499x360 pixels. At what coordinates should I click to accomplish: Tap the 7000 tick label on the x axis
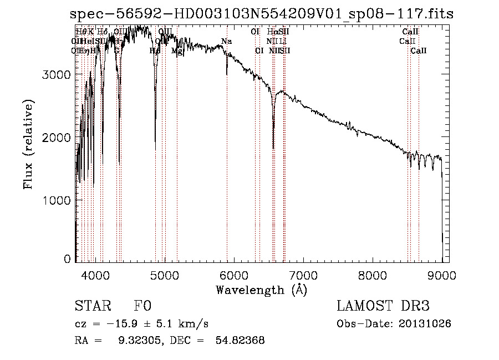(x=303, y=273)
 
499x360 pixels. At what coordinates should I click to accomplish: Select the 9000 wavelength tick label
(x=442, y=273)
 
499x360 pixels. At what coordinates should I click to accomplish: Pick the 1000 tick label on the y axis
(x=58, y=200)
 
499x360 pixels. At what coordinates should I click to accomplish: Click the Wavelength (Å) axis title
(x=261, y=290)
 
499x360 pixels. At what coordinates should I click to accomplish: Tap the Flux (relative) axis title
(x=28, y=144)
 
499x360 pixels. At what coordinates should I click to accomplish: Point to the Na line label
(x=226, y=41)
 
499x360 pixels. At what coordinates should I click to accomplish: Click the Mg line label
(x=177, y=50)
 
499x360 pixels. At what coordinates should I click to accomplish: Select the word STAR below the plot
(x=92, y=306)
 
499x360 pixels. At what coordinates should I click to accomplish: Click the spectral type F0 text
(x=142, y=306)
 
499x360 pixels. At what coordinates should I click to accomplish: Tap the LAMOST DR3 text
(x=383, y=306)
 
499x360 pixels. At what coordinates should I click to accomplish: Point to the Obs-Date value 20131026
(x=428, y=323)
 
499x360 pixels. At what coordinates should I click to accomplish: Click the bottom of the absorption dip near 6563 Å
(x=273, y=148)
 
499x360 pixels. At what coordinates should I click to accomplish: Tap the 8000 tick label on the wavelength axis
(x=373, y=273)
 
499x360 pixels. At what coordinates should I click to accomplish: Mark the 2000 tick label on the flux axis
(x=58, y=137)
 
